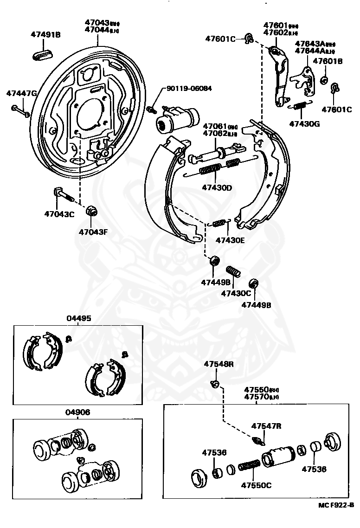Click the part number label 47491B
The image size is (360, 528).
point(46,34)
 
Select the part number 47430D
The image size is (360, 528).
point(217,188)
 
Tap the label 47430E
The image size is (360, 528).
point(230,240)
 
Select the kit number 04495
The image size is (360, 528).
point(78,318)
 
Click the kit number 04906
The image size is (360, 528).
point(77,412)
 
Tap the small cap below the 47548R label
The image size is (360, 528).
point(215,383)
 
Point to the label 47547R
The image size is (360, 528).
point(266,425)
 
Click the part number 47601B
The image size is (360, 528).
point(328,61)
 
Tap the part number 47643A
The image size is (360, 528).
point(310,44)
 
